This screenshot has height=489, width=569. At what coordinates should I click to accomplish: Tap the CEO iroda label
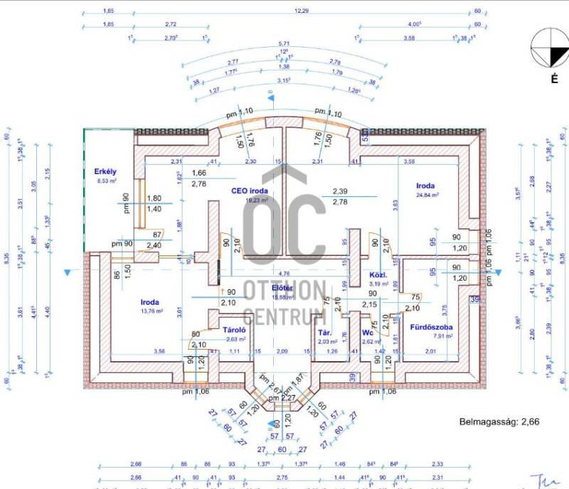[249, 190]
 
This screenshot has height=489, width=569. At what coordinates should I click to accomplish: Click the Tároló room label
[234, 330]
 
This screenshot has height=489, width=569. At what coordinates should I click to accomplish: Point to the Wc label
[368, 332]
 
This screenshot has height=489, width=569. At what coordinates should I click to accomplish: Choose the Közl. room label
[377, 274]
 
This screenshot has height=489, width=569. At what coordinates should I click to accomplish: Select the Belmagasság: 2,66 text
[499, 421]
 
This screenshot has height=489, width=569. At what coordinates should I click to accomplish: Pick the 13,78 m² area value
[151, 311]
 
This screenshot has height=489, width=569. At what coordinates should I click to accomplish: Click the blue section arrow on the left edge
[68, 272]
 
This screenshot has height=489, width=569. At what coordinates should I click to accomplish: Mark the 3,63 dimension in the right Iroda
[395, 204]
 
